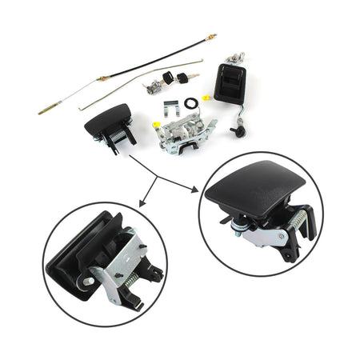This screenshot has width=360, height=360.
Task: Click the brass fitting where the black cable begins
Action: click(x=103, y=78)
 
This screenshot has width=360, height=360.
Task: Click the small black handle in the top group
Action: click(x=106, y=120)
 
